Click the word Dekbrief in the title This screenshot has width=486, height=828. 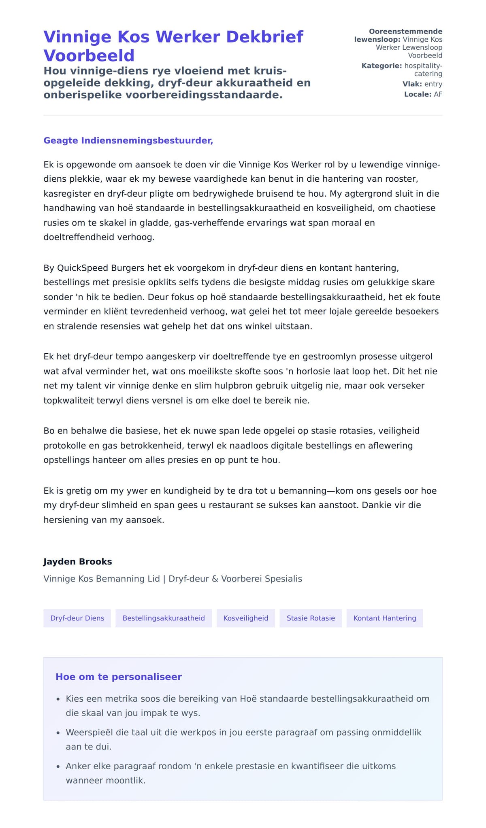(264, 37)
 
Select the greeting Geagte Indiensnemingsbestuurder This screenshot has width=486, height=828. (128, 140)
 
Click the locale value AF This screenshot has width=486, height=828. (438, 94)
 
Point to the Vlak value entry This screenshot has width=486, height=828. (433, 84)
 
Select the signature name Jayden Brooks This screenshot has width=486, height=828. (77, 562)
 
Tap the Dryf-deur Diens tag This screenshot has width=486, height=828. (77, 618)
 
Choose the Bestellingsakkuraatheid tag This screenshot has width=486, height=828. (164, 618)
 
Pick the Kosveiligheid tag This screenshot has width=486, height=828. (245, 618)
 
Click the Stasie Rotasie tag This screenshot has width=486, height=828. (311, 618)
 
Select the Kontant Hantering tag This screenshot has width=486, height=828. (384, 618)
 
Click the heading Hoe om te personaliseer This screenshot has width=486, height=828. (119, 677)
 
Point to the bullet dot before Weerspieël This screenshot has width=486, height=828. (58, 733)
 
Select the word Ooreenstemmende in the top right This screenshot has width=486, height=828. (405, 32)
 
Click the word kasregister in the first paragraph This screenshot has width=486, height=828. (67, 193)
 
